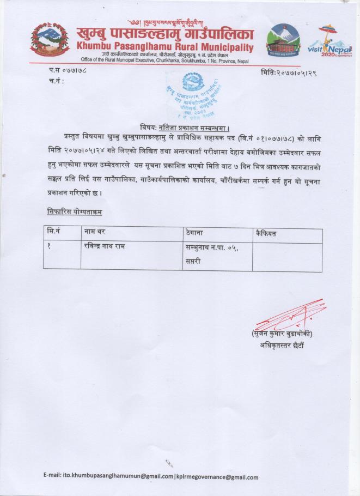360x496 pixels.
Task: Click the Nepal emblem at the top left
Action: pos(50,38)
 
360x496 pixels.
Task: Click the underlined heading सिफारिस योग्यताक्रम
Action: pos(74,210)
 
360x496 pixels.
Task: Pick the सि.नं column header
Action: pos(53,233)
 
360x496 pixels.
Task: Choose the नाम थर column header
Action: pos(95,233)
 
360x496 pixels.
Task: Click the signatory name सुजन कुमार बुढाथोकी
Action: pos(282,334)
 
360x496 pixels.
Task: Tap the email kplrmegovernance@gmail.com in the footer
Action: pos(216,477)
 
